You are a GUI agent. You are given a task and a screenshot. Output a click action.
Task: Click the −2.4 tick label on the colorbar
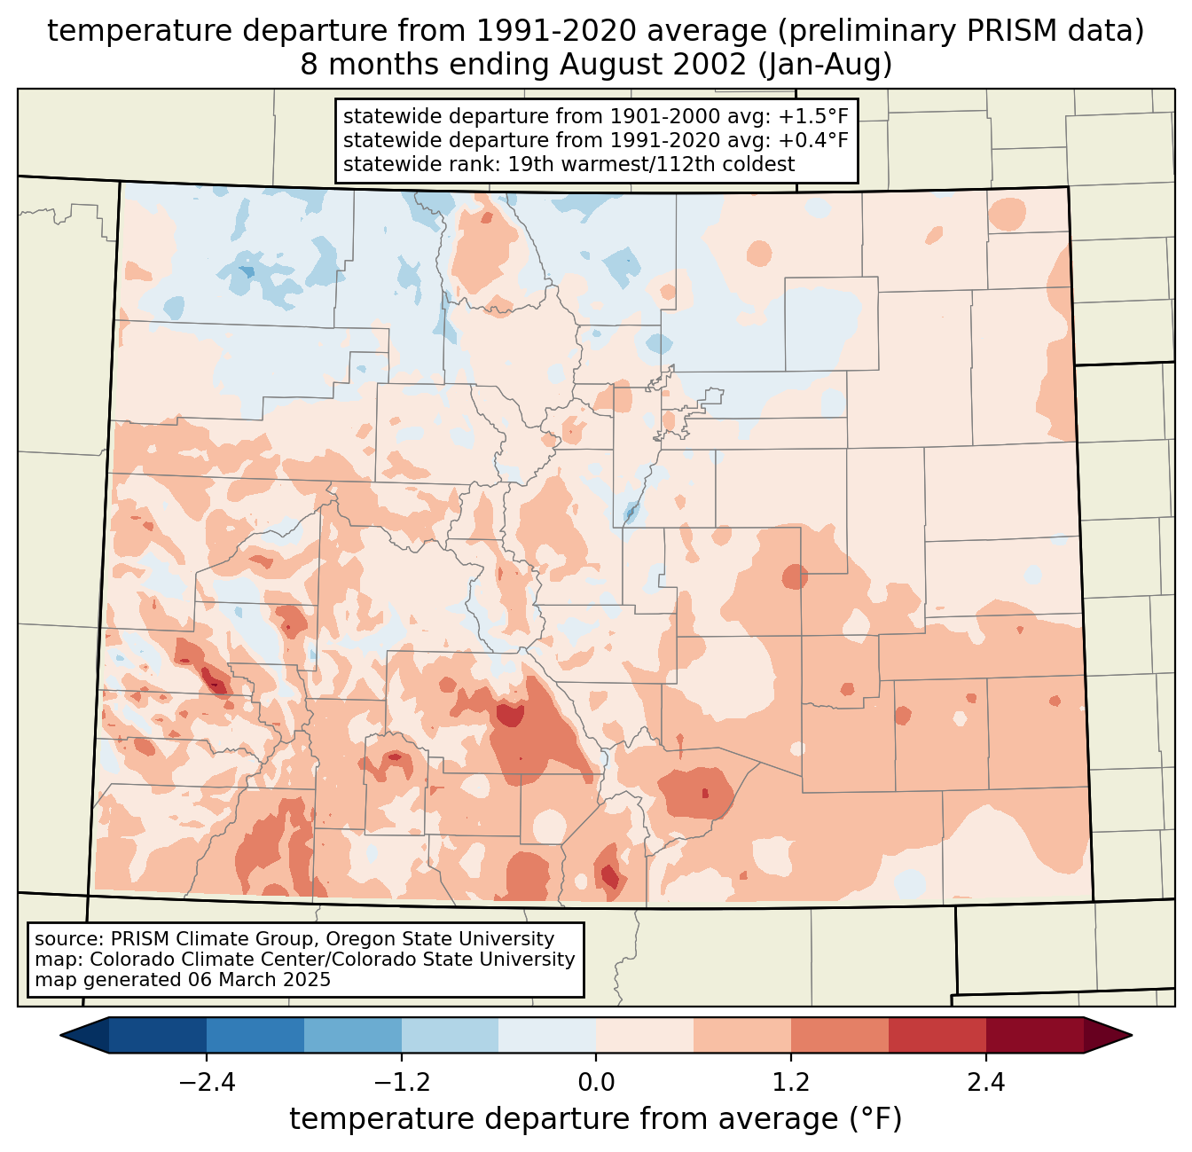207,1083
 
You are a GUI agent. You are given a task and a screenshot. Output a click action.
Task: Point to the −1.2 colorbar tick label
402,1083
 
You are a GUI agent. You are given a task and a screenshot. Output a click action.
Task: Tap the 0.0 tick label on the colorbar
596,1083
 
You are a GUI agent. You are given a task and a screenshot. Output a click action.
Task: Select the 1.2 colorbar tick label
791,1083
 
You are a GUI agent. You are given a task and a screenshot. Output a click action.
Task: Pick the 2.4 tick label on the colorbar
985,1083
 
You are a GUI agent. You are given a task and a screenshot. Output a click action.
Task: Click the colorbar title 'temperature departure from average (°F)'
596,1119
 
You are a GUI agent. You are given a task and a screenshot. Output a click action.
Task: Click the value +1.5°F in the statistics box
813,117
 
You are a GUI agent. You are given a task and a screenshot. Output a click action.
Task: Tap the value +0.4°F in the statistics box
813,140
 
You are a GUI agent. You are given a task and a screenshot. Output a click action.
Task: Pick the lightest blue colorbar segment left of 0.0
547,1035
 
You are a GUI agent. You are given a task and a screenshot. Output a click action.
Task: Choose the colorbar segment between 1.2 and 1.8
840,1035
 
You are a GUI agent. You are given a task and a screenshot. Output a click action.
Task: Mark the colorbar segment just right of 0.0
645,1035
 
